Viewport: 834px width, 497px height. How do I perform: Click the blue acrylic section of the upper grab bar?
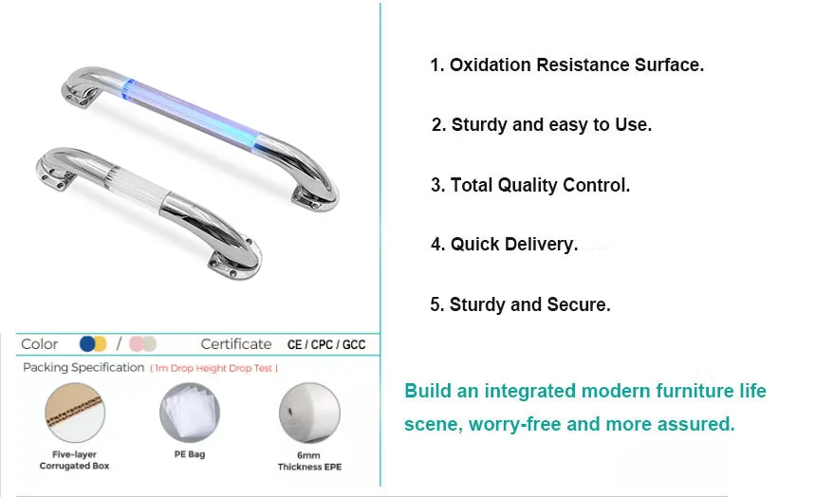click(x=193, y=113)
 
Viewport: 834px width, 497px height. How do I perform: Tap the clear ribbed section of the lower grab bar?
click(x=139, y=187)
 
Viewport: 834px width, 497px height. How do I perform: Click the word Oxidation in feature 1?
click(x=490, y=64)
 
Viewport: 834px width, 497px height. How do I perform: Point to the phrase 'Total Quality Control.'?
click(x=540, y=185)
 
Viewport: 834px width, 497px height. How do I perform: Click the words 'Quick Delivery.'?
click(x=514, y=245)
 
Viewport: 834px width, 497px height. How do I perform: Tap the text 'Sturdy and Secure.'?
click(x=529, y=304)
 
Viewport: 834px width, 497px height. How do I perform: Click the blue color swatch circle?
click(x=87, y=344)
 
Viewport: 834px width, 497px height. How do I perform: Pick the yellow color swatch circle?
click(x=100, y=344)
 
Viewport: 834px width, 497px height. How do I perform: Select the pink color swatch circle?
click(x=137, y=344)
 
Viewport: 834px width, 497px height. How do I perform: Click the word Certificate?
click(x=236, y=344)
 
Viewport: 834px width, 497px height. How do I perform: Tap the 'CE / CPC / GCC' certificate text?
click(x=326, y=345)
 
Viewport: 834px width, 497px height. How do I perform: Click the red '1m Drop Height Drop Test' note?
click(x=213, y=368)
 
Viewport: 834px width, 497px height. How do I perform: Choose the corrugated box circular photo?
click(x=74, y=413)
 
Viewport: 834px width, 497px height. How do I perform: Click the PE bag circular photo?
click(x=190, y=413)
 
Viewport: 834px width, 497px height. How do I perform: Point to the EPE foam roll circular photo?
click(x=309, y=413)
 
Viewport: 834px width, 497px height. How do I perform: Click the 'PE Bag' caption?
click(x=190, y=454)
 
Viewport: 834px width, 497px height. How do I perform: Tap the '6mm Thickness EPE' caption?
click(x=309, y=461)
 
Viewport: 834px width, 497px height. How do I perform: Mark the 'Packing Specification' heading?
click(x=83, y=368)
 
